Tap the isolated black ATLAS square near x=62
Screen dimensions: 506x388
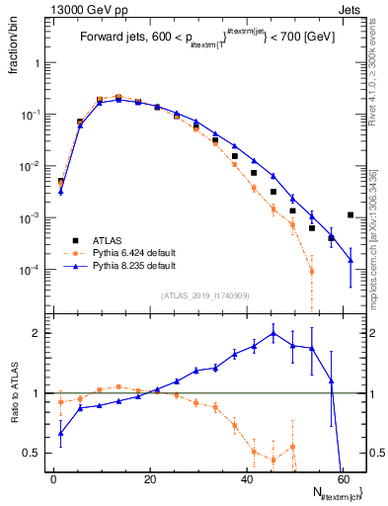click(x=350, y=214)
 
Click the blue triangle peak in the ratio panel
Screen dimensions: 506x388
click(x=273, y=333)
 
